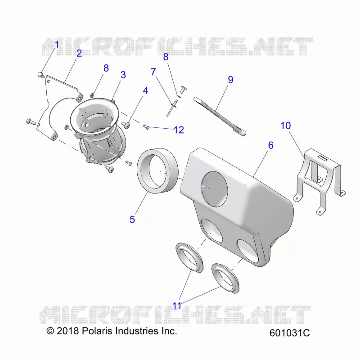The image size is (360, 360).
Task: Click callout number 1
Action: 57,45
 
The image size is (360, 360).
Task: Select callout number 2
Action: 79,53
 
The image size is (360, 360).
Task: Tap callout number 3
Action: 123,75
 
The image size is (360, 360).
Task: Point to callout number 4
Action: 145,91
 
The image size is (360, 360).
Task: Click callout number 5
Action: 132,220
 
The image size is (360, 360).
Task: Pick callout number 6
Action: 271,145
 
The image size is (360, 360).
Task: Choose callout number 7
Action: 153,72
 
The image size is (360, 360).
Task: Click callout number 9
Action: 230,80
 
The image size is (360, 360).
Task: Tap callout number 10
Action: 286,126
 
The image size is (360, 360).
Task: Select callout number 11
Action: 177,306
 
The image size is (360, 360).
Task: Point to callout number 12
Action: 179,130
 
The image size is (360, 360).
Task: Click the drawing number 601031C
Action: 290,333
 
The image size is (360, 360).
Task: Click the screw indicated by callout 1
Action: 41,75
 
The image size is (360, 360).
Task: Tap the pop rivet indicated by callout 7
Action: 172,108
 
